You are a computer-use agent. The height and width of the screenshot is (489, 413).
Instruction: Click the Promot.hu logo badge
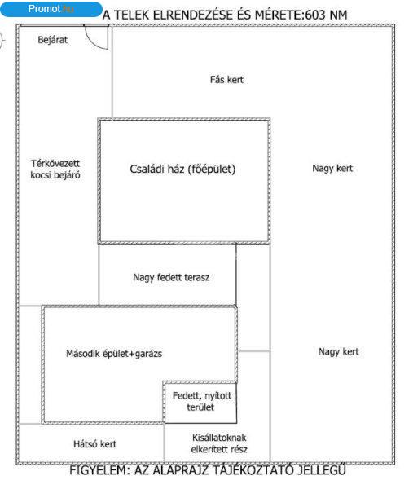pyautogui.click(x=51, y=9)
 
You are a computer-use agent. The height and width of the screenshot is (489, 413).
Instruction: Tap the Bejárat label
pyautogui.click(x=53, y=40)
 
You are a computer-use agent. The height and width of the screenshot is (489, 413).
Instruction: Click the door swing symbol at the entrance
pyautogui.click(x=97, y=37)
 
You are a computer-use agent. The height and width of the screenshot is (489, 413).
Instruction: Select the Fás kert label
pyautogui.click(x=226, y=80)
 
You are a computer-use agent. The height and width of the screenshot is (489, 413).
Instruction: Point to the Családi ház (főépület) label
pyautogui.click(x=182, y=169)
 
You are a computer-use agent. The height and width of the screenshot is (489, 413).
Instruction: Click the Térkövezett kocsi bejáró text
pyautogui.click(x=55, y=169)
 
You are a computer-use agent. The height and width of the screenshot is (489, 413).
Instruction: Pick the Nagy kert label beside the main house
pyautogui.click(x=332, y=169)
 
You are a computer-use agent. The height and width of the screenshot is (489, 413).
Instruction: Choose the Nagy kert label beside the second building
pyautogui.click(x=339, y=352)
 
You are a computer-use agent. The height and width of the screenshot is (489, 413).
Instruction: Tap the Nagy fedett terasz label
pyautogui.click(x=171, y=277)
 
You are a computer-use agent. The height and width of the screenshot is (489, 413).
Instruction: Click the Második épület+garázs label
pyautogui.click(x=114, y=354)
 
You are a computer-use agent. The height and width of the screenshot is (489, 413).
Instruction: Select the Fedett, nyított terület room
pyautogui.click(x=200, y=403)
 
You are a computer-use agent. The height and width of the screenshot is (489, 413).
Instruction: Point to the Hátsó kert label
pyautogui.click(x=95, y=444)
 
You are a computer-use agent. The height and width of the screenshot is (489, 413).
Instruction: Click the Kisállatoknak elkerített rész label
pyautogui.click(x=219, y=443)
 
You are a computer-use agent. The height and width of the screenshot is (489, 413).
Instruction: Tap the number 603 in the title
pyautogui.click(x=315, y=15)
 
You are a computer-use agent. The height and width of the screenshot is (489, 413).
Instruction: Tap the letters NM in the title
pyautogui.click(x=338, y=15)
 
